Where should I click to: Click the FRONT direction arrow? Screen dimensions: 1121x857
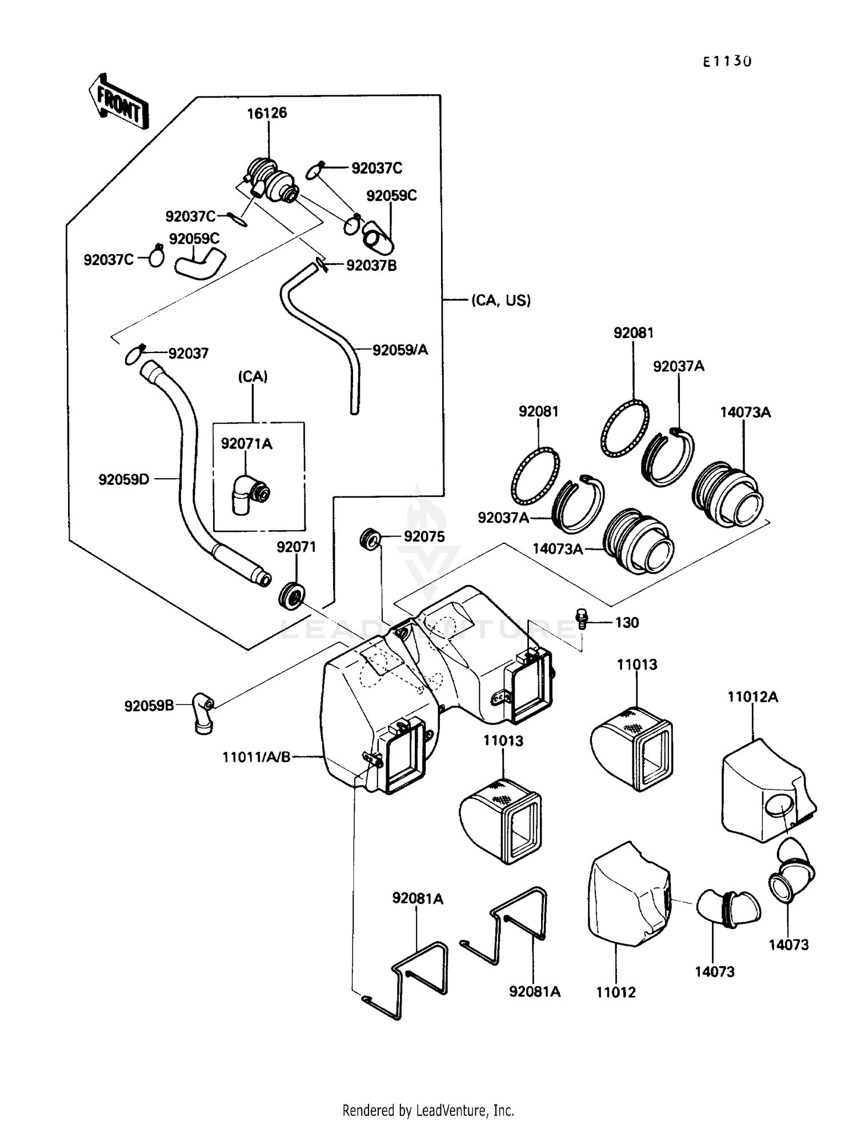[x=119, y=102]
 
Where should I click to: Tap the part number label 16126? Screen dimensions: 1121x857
[x=267, y=113]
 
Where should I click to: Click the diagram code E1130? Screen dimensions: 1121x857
[x=727, y=62]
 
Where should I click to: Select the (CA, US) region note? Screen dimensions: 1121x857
[x=500, y=301]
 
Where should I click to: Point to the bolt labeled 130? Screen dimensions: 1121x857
[x=582, y=618]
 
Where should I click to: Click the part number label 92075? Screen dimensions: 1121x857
[x=424, y=537]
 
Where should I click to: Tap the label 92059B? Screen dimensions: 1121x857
[x=149, y=706]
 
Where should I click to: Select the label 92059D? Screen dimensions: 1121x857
[x=123, y=479]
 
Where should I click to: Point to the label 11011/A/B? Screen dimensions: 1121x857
[x=257, y=757]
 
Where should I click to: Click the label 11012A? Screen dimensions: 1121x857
[x=752, y=697]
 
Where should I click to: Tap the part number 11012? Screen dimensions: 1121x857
[x=615, y=992]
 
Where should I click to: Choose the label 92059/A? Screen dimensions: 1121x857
[x=400, y=350]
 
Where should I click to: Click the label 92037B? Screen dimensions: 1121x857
[x=371, y=266]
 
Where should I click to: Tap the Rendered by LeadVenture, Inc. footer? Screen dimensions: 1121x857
[x=428, y=1110]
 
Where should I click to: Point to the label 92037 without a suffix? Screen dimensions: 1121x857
[x=188, y=353]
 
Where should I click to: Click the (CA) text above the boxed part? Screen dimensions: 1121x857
[x=253, y=377]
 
